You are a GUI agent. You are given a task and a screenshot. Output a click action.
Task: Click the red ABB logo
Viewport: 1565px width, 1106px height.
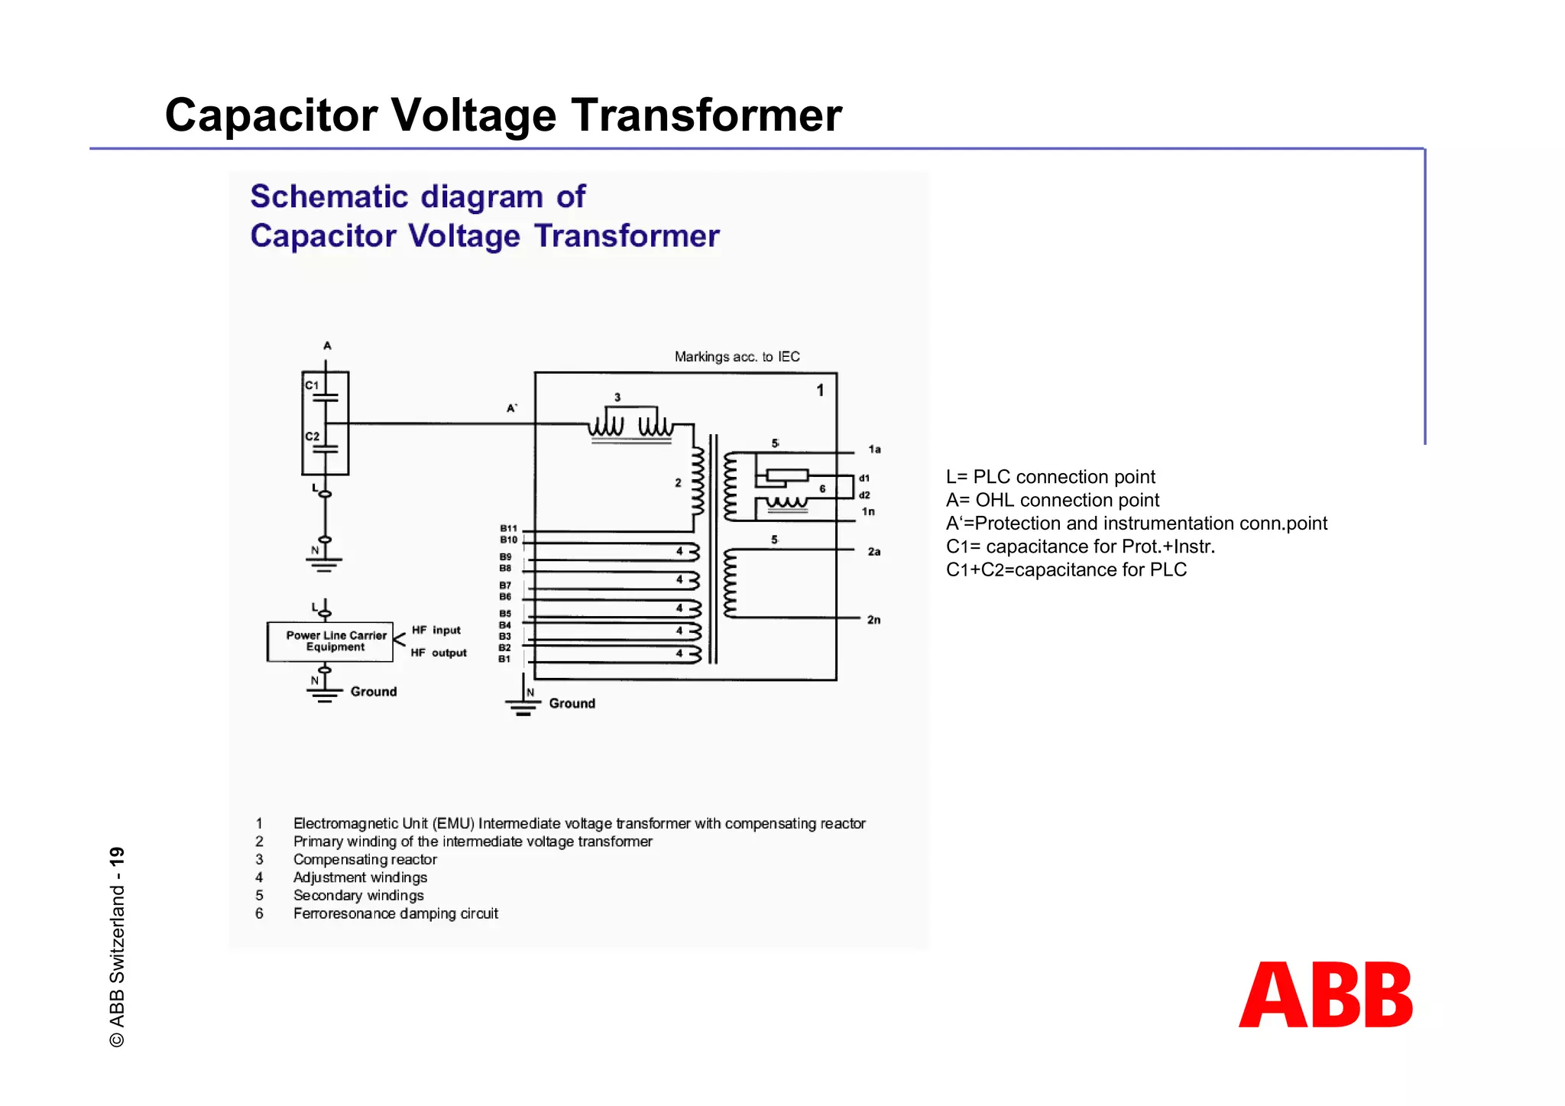(1326, 994)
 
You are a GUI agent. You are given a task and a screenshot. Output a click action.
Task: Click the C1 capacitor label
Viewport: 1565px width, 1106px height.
(312, 385)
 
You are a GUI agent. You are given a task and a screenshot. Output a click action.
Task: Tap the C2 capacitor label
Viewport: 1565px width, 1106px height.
(313, 436)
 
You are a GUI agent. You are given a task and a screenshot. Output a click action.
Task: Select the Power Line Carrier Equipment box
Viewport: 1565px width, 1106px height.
(330, 641)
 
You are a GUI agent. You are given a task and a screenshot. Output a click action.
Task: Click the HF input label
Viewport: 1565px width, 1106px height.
(436, 630)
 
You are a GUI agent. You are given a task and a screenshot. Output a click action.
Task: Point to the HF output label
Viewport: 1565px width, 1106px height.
(439, 653)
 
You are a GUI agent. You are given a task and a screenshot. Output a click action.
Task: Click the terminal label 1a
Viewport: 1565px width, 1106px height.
(874, 449)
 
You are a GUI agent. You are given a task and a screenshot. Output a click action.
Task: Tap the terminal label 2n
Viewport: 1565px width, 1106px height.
(873, 620)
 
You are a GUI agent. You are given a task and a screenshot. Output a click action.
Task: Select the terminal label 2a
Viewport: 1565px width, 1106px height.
(874, 551)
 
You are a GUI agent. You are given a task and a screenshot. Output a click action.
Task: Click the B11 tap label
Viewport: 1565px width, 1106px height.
(508, 528)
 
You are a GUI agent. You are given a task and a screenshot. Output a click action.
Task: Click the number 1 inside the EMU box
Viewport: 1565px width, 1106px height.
(820, 391)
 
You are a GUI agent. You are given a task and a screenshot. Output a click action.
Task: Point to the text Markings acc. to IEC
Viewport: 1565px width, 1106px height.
(737, 357)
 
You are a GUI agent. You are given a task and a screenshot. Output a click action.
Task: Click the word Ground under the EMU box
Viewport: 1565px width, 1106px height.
(572, 703)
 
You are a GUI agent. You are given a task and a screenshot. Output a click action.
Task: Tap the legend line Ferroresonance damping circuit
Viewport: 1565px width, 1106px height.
(395, 913)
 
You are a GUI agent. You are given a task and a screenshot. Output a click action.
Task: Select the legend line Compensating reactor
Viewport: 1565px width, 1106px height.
(365, 859)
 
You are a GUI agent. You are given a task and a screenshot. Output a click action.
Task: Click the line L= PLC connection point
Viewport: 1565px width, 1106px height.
(1050, 477)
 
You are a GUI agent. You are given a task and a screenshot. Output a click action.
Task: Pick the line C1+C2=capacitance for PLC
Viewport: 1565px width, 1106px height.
(1066, 569)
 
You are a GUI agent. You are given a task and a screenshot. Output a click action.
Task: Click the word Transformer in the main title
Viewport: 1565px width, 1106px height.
(707, 115)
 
